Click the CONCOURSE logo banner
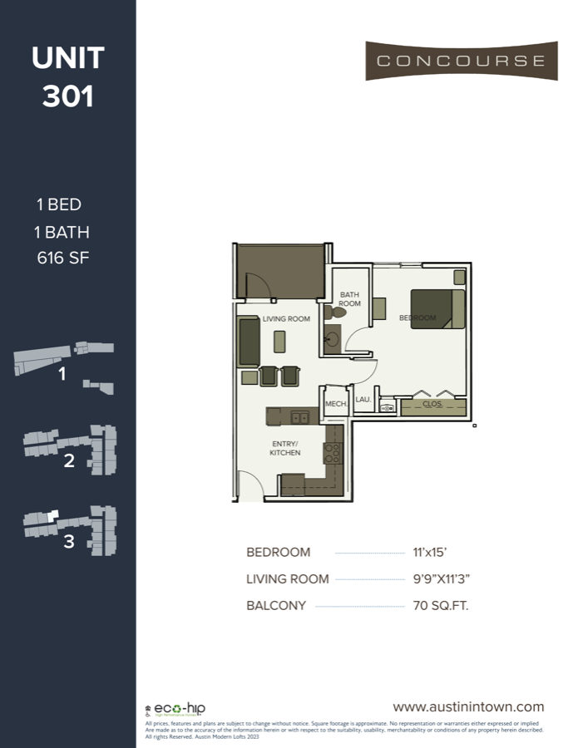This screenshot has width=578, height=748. point(462,61)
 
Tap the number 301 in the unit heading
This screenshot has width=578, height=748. point(68,96)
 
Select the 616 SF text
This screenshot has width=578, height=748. point(62,258)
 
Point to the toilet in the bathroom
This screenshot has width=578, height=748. point(329,313)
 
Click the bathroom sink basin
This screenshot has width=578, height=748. point(332,339)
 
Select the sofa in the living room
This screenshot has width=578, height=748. point(249,341)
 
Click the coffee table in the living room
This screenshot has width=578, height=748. point(279,341)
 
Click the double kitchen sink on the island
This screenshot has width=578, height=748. point(300,417)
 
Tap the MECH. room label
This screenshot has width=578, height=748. point(335,404)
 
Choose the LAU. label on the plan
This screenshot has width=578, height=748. point(363,400)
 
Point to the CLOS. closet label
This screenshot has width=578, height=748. point(432,405)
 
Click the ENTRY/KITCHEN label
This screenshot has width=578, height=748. point(284,448)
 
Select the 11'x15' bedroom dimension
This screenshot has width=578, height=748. point(430,553)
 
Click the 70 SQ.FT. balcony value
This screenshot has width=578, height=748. point(440,606)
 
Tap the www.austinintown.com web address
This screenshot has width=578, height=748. point(468,707)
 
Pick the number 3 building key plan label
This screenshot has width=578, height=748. point(69,542)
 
